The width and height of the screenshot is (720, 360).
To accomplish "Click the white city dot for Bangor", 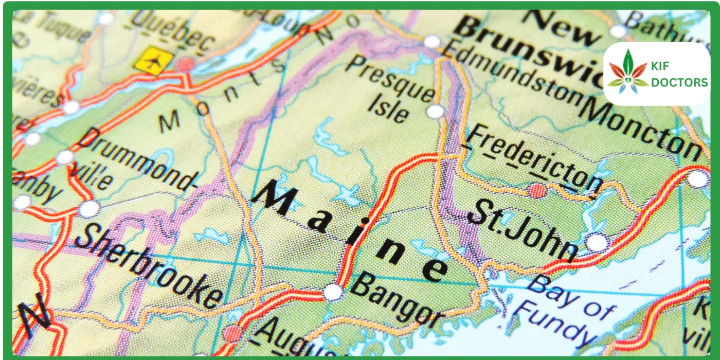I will (x=333, y=292).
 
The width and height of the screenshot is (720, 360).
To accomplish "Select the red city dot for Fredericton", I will (x=537, y=191).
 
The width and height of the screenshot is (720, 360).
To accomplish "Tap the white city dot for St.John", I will (x=597, y=242).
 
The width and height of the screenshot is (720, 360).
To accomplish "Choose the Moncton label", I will (x=643, y=126).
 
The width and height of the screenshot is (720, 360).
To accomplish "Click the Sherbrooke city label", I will (x=149, y=267).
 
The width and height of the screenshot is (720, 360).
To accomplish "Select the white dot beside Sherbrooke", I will (x=89, y=209).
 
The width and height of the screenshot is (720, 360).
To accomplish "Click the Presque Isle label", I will (x=391, y=90).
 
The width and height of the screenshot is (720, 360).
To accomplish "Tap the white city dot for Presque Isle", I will (x=436, y=111).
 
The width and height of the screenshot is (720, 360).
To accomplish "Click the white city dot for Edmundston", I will (x=432, y=41).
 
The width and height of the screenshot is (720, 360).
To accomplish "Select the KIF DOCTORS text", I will (x=679, y=75).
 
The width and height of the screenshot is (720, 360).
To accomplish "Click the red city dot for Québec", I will (x=186, y=65).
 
